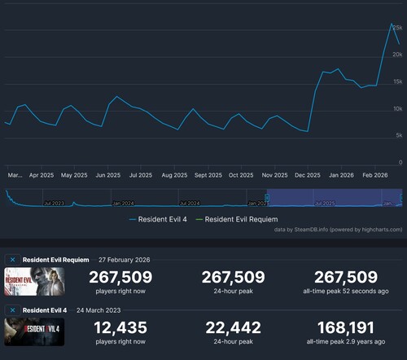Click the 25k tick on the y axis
pos(398,28)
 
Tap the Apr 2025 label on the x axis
pos(42,174)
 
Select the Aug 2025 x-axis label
pos(174,174)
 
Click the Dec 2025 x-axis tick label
pos(308,174)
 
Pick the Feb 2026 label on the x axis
pos(374,174)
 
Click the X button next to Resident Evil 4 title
pos(12,310)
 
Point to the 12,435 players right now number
pos(120,327)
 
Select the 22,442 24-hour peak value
pos(233,327)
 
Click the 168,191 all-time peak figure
pos(345,327)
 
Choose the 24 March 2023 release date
pos(103,310)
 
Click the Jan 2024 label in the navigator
pos(122,202)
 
